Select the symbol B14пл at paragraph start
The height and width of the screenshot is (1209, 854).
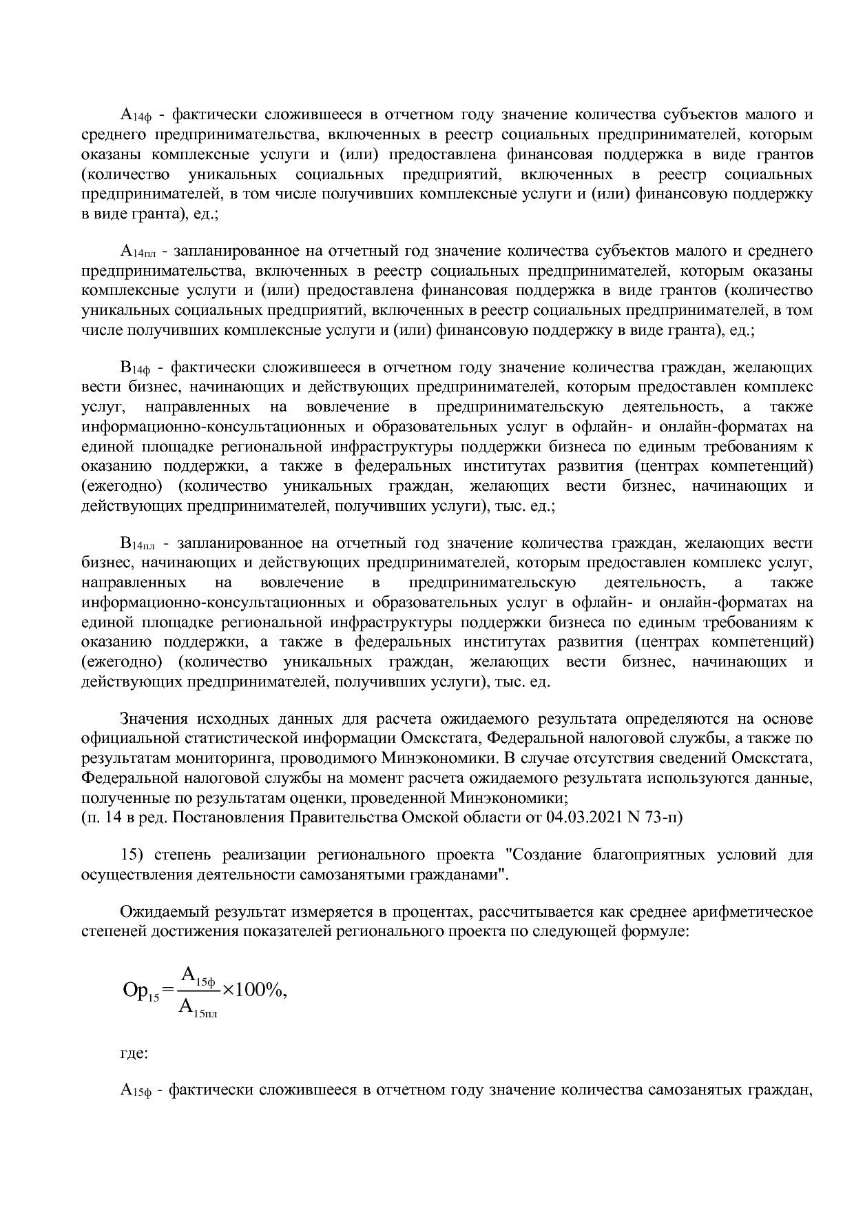[138, 544]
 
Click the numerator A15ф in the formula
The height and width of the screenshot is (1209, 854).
[198, 976]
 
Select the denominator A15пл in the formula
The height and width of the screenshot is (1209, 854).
[198, 1008]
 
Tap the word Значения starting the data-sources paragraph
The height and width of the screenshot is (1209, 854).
[156, 720]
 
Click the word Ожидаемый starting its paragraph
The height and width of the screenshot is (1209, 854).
[163, 913]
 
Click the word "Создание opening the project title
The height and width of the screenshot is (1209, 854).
[542, 855]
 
